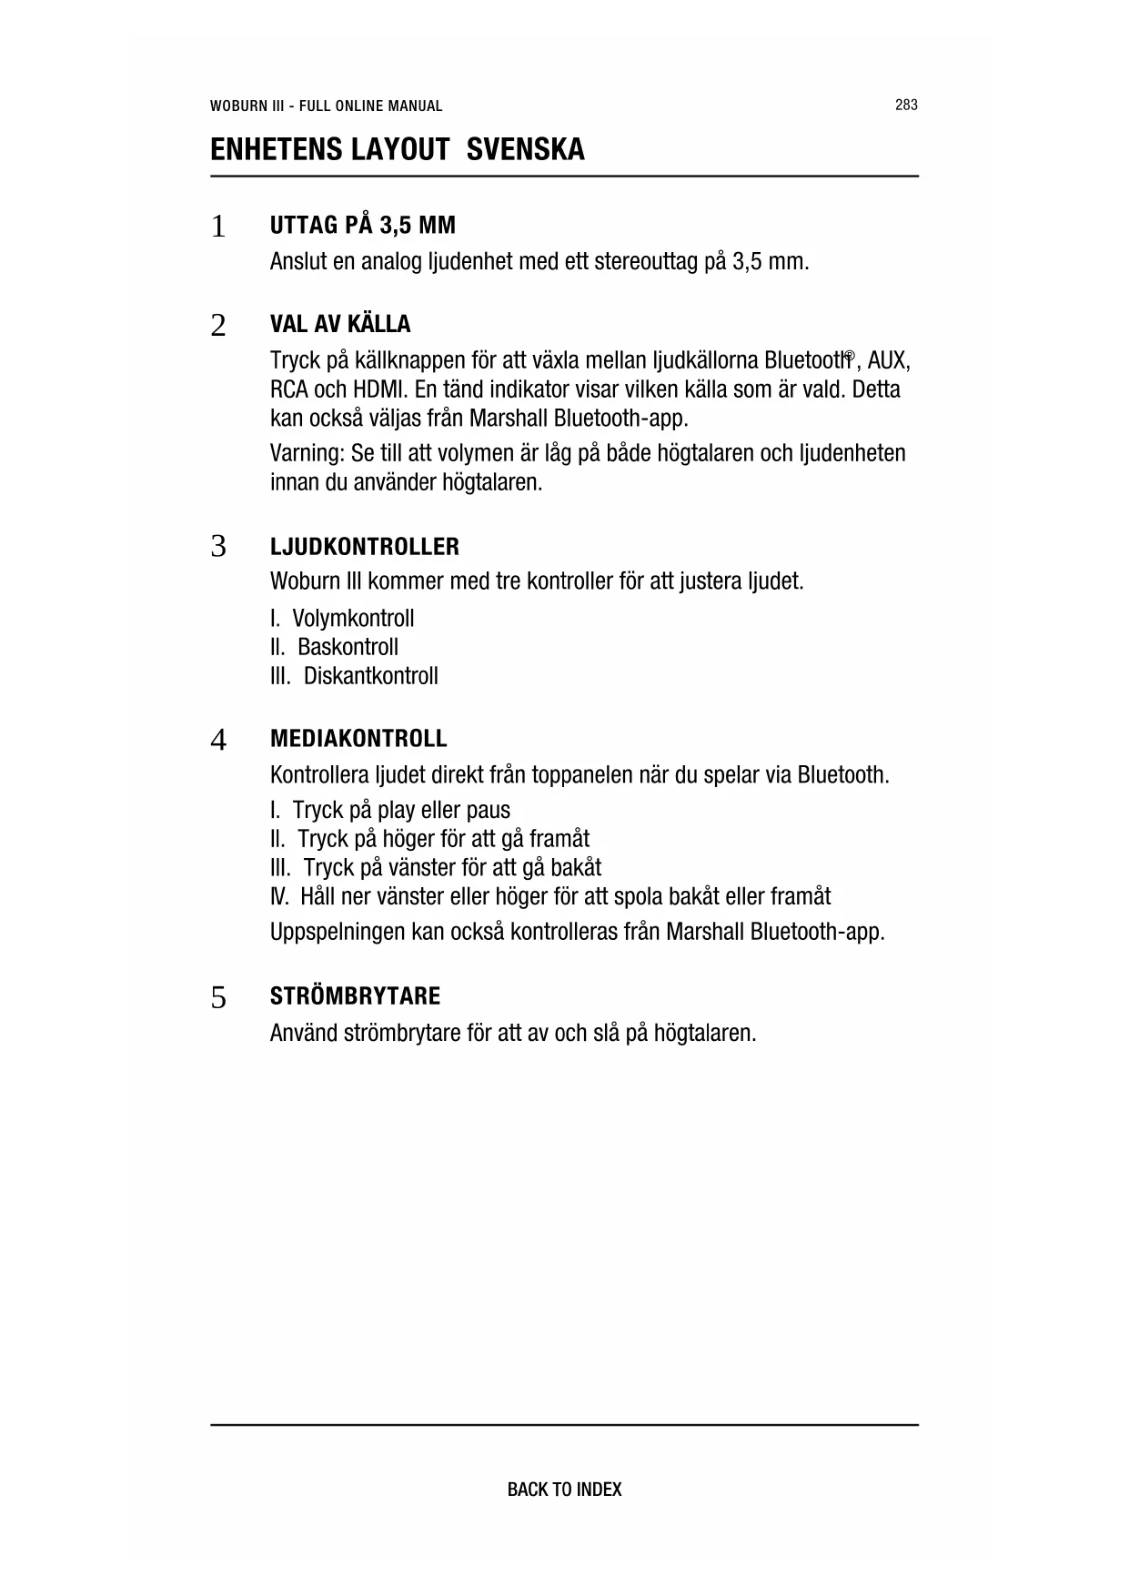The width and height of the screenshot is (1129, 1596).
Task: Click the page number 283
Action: click(x=906, y=105)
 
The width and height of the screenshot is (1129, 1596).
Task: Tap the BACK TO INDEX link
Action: click(x=564, y=1490)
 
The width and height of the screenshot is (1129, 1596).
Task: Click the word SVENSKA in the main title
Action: click(x=525, y=149)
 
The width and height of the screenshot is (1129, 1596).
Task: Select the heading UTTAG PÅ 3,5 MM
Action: click(x=362, y=225)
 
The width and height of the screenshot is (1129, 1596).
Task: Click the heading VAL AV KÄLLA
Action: click(x=340, y=324)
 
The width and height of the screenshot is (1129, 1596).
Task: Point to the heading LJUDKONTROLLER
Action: click(x=364, y=547)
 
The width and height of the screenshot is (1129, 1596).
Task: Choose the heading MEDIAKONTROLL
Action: click(x=358, y=738)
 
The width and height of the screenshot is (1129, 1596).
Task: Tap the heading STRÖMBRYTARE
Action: click(x=355, y=995)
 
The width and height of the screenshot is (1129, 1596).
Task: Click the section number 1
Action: click(x=217, y=227)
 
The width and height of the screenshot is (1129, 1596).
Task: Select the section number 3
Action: click(x=217, y=548)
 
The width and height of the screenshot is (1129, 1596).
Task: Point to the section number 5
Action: click(x=217, y=998)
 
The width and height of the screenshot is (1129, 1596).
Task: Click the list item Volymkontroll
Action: click(x=353, y=619)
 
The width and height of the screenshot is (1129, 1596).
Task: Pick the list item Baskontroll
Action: click(x=348, y=648)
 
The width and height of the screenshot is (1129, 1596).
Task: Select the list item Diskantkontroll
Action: click(x=370, y=676)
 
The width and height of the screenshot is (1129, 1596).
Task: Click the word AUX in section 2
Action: click(x=889, y=361)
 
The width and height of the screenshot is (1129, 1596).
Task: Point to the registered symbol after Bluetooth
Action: click(x=849, y=355)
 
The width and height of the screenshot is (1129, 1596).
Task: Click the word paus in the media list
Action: click(x=488, y=810)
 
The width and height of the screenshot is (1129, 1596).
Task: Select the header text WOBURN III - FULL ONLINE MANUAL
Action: click(x=326, y=106)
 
